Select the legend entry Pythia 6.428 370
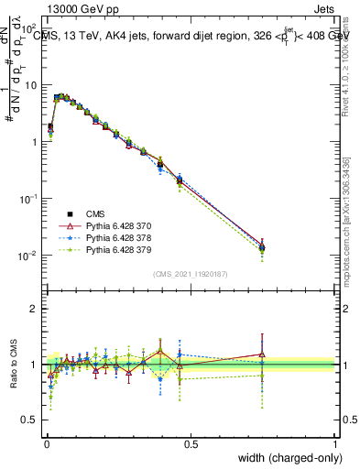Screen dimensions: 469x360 pyautogui.click(x=100, y=225)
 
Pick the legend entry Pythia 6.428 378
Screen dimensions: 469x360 pyautogui.click(x=100, y=237)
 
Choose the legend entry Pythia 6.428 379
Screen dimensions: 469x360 pyautogui.click(x=100, y=249)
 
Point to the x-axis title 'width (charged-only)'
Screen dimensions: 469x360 pyautogui.click(x=285, y=458)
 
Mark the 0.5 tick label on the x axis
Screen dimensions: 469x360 pyautogui.click(x=191, y=444)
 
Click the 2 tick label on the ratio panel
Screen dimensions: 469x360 pyautogui.click(x=34, y=309)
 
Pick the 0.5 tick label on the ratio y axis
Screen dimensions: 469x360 pyautogui.click(x=29, y=421)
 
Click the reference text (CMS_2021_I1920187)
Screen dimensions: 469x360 pyautogui.click(x=190, y=273)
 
